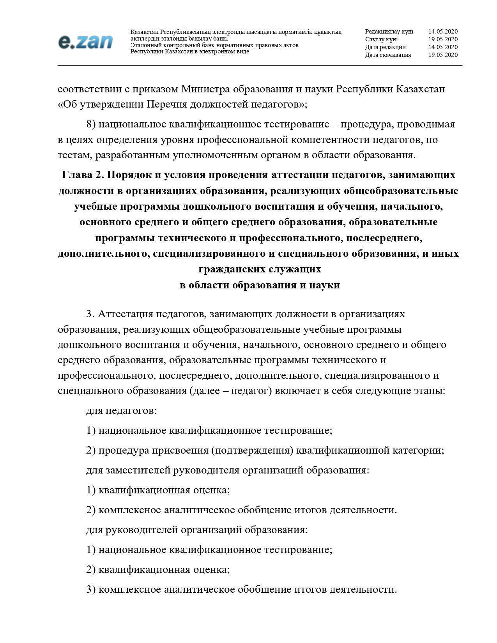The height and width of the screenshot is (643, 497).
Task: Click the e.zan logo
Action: click(85, 42)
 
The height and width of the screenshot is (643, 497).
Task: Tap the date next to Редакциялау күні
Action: click(443, 32)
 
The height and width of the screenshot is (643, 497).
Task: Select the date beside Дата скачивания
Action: click(443, 55)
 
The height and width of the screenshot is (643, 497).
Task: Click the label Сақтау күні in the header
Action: click(381, 39)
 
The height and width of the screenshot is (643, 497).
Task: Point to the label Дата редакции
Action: click(385, 47)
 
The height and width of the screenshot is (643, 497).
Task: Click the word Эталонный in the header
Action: click(145, 45)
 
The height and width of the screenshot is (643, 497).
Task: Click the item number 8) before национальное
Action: click(90, 124)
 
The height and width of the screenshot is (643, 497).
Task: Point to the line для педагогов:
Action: click(121, 411)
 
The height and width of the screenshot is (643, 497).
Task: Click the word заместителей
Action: click(133, 470)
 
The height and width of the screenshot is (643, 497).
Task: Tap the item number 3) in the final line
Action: click(90, 590)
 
